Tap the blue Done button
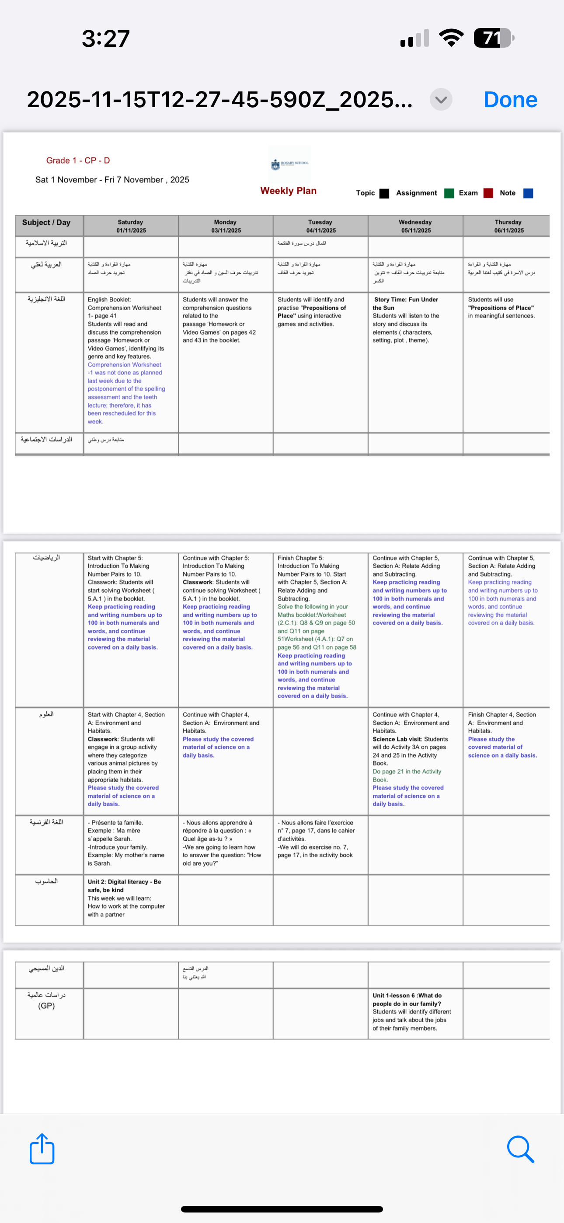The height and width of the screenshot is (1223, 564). click(510, 100)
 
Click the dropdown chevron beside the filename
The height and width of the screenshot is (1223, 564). click(441, 100)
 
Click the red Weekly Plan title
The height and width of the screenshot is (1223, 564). click(288, 191)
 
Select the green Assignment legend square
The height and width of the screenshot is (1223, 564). click(449, 193)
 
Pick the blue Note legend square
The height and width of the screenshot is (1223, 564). click(528, 193)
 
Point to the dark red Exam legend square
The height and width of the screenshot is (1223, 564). click(488, 193)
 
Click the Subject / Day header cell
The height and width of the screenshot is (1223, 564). click(46, 223)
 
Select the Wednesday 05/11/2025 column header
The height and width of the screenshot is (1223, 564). click(415, 226)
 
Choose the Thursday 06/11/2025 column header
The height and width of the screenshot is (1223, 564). click(508, 226)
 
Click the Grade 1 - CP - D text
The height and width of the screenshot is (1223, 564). click(78, 161)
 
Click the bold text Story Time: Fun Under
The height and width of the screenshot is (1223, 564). click(406, 300)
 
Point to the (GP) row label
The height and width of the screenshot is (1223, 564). click(46, 1006)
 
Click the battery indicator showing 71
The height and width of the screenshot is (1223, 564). click(493, 38)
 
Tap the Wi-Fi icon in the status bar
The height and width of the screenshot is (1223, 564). click(451, 38)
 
